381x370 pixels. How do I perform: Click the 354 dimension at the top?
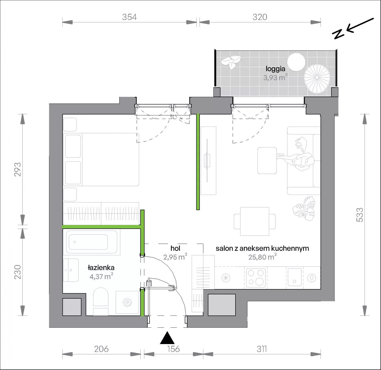pyautogui.click(x=129, y=17)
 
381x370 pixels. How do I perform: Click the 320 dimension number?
pyautogui.click(x=260, y=17)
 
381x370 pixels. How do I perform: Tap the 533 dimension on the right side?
pyautogui.click(x=360, y=215)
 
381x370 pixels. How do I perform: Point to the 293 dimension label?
pyautogui.click(x=17, y=169)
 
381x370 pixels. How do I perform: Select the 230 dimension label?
pyautogui.click(x=17, y=272)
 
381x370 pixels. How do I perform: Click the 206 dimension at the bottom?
pyautogui.click(x=101, y=349)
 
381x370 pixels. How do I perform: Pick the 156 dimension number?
pyautogui.click(x=174, y=349)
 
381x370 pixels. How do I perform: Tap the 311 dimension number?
pyautogui.click(x=261, y=349)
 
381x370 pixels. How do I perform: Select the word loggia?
pyautogui.click(x=275, y=69)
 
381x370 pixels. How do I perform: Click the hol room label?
pyautogui.click(x=175, y=248)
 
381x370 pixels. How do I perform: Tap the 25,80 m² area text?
pyautogui.click(x=262, y=257)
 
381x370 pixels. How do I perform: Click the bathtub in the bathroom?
pyautogui.click(x=92, y=243)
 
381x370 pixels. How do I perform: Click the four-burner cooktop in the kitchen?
pyautogui.click(x=256, y=278)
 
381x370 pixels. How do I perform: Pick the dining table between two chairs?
pyautogui.click(x=255, y=221)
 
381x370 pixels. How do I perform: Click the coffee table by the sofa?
pyautogui.click(x=267, y=161)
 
